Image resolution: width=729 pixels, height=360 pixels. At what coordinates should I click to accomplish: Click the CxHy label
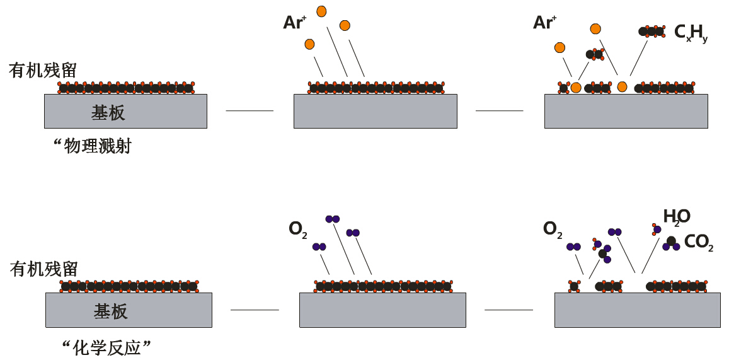pyautogui.click(x=691, y=33)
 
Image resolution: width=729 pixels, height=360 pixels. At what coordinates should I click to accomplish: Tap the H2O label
pyautogui.click(x=676, y=217)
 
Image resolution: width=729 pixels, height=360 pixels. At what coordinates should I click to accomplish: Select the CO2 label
pyautogui.click(x=698, y=242)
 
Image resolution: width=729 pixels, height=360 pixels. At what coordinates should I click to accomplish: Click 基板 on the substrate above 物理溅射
pyautogui.click(x=108, y=113)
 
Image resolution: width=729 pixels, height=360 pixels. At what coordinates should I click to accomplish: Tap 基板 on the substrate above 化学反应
pyautogui.click(x=111, y=311)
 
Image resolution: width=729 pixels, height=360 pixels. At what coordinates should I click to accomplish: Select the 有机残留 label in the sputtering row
pyautogui.click(x=43, y=70)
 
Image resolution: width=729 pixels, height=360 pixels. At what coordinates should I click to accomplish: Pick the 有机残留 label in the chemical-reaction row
pyautogui.click(x=44, y=269)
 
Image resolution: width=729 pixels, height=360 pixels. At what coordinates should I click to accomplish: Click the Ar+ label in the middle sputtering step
pyautogui.click(x=294, y=23)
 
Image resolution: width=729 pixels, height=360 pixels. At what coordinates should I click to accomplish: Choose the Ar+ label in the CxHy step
pyautogui.click(x=544, y=23)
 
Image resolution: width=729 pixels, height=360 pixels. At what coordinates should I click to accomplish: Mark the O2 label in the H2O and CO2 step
pyautogui.click(x=553, y=229)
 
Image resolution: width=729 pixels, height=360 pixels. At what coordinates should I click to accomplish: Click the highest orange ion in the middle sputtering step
pyautogui.click(x=321, y=11)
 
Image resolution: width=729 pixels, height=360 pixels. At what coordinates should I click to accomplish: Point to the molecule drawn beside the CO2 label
pyautogui.click(x=671, y=243)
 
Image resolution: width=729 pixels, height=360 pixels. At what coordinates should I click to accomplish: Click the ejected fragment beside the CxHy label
pyautogui.click(x=652, y=31)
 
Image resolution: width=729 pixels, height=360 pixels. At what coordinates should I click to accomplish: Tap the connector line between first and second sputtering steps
pyautogui.click(x=250, y=111)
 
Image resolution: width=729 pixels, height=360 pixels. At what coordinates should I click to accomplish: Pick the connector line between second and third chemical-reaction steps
pyautogui.click(x=508, y=310)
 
